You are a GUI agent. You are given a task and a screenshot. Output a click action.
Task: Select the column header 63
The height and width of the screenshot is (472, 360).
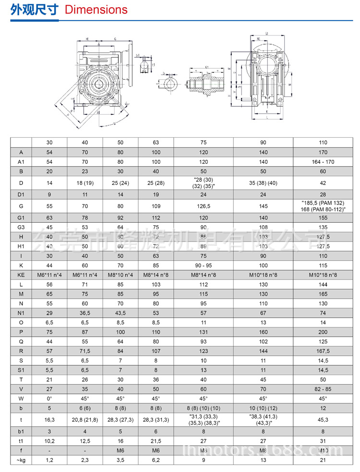coord(156,142)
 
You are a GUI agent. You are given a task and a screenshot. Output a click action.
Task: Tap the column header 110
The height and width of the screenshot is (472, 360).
coord(323,142)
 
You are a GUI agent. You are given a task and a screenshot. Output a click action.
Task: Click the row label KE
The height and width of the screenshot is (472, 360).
coord(21,275)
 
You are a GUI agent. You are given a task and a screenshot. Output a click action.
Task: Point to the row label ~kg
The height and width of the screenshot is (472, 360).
coord(21,460)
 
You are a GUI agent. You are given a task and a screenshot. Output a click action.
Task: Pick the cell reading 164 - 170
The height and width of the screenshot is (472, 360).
coord(323,161)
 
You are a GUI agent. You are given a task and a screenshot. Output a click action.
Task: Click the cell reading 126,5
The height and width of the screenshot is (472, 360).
coord(204,206)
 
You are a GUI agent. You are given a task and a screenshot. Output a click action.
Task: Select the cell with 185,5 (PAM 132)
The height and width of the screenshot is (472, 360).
coord(323,203)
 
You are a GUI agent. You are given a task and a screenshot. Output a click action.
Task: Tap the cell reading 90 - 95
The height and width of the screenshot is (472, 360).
coord(204,265)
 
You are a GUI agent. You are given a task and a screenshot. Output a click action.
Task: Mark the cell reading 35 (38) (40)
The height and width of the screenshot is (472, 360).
coord(263,183)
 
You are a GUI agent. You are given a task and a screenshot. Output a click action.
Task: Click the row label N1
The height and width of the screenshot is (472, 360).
coord(21,313)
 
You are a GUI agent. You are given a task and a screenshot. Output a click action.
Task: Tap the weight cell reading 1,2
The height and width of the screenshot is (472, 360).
coord(49,460)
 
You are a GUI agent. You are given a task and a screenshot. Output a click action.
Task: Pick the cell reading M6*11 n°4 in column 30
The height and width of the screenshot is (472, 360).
coord(49,275)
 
